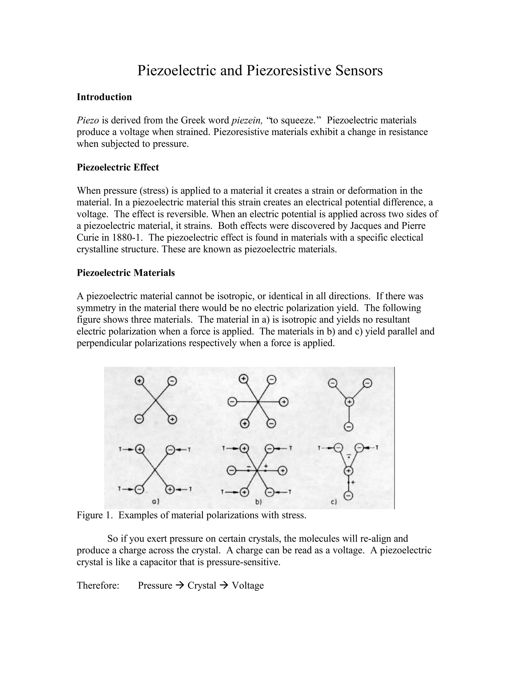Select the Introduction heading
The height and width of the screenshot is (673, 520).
[104, 97]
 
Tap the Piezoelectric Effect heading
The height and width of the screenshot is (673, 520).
[118, 167]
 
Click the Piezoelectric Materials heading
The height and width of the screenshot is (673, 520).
[126, 273]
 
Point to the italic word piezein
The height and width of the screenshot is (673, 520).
[247, 120]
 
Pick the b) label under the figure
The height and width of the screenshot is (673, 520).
[258, 502]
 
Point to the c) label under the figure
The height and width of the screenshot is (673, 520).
[334, 502]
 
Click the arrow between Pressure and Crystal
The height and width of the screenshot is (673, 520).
[180, 585]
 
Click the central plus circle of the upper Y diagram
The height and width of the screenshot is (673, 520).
[349, 402]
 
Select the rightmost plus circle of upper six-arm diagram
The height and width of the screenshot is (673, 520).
[283, 402]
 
